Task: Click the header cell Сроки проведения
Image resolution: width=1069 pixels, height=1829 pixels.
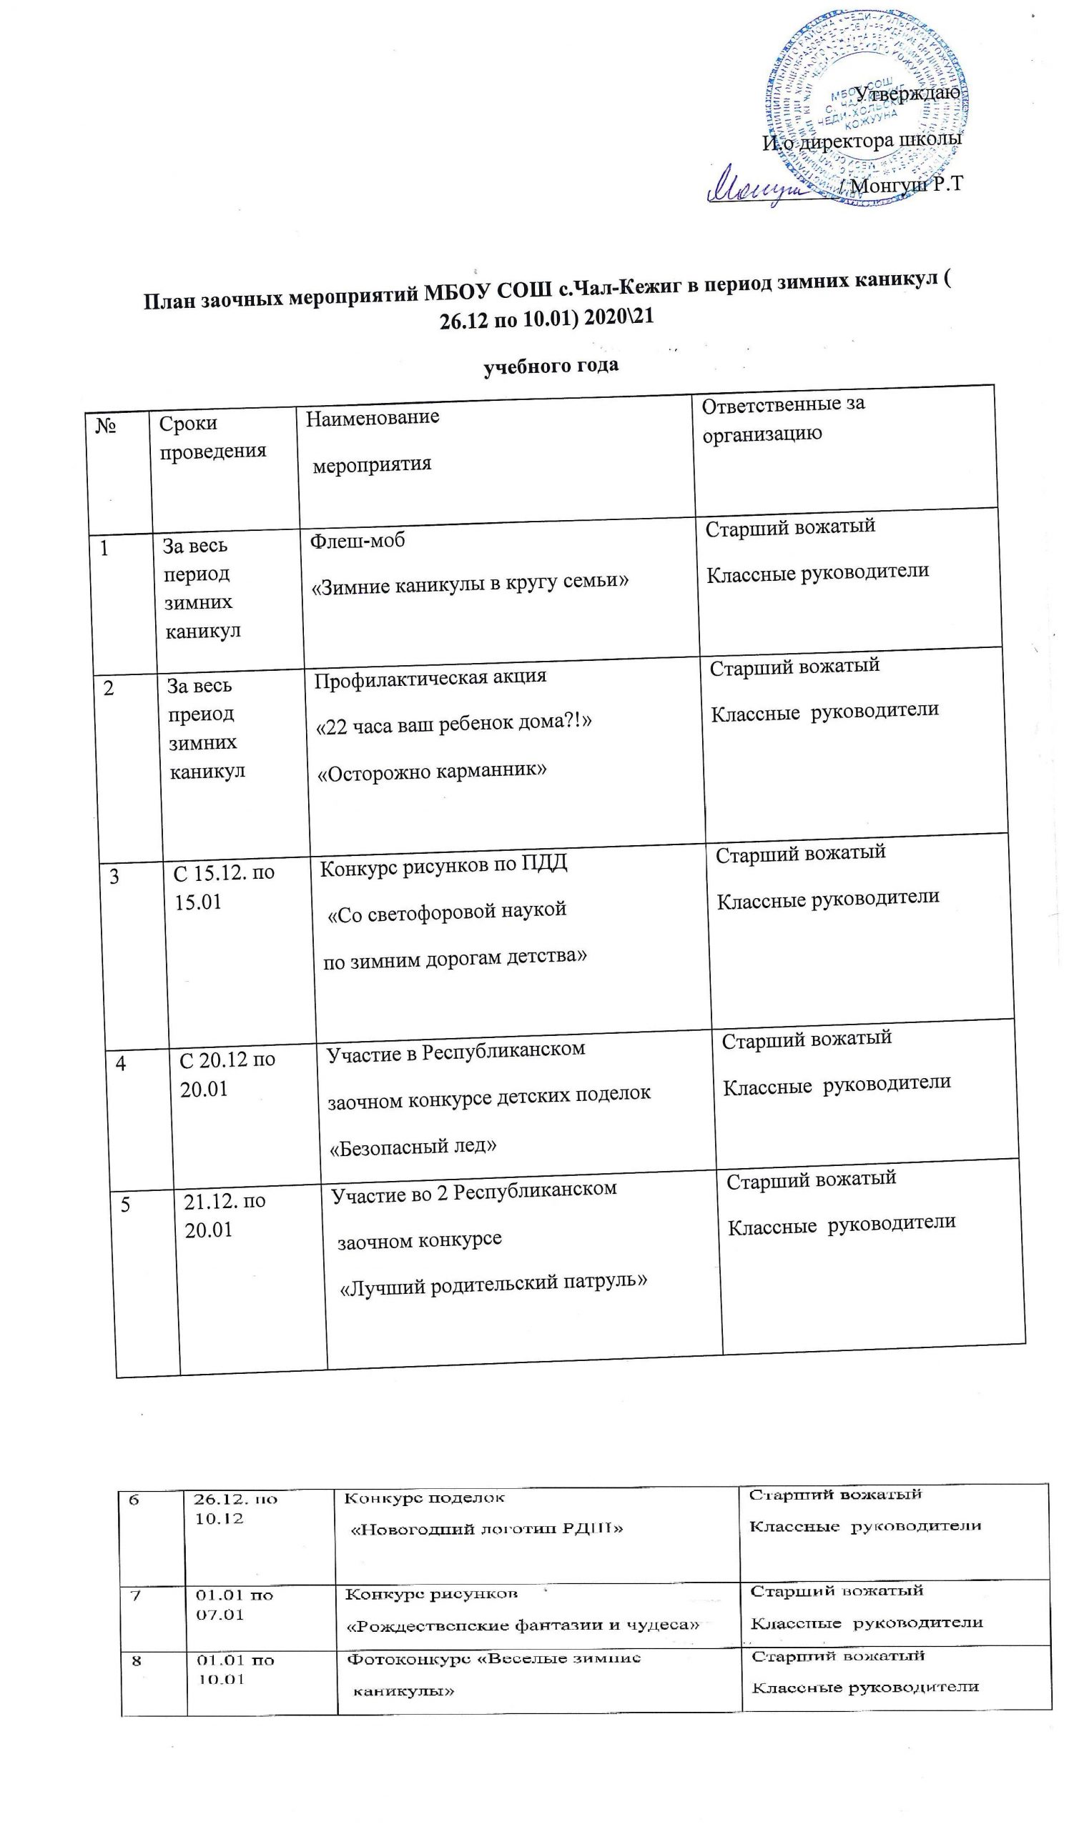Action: [x=212, y=437]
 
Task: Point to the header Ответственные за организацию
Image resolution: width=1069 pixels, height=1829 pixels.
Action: [x=783, y=419]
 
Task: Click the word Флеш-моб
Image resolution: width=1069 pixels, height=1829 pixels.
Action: [x=358, y=541]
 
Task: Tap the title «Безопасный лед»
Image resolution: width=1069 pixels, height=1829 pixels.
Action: [x=413, y=1146]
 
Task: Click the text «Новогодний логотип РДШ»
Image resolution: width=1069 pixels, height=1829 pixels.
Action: [x=486, y=1528]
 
